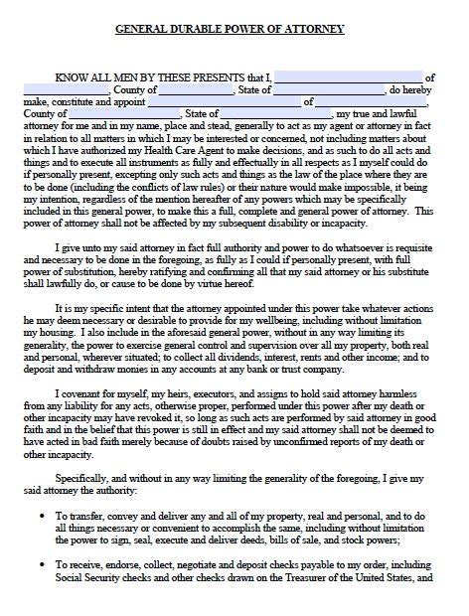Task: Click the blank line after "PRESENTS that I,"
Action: click(347, 77)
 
